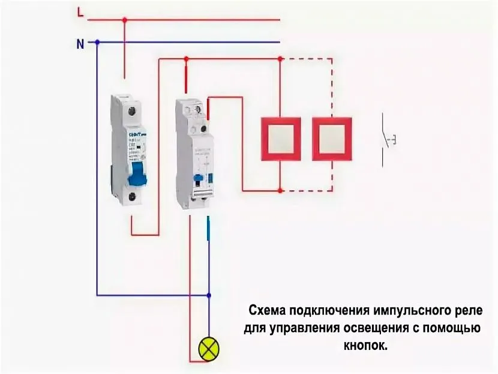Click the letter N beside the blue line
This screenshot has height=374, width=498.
[80, 43]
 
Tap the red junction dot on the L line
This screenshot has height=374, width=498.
[125, 20]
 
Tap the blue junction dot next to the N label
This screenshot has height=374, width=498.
[97, 43]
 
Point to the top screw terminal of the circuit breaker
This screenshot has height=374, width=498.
[133, 109]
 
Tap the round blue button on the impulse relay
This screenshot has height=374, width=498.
[197, 178]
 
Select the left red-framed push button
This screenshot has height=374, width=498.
[281, 138]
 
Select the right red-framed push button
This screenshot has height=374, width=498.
[332, 138]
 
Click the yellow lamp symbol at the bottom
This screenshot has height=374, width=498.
[209, 348]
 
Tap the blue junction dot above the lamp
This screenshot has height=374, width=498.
[209, 295]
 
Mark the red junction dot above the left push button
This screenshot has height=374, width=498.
[281, 59]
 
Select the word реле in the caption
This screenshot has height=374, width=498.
[467, 311]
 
